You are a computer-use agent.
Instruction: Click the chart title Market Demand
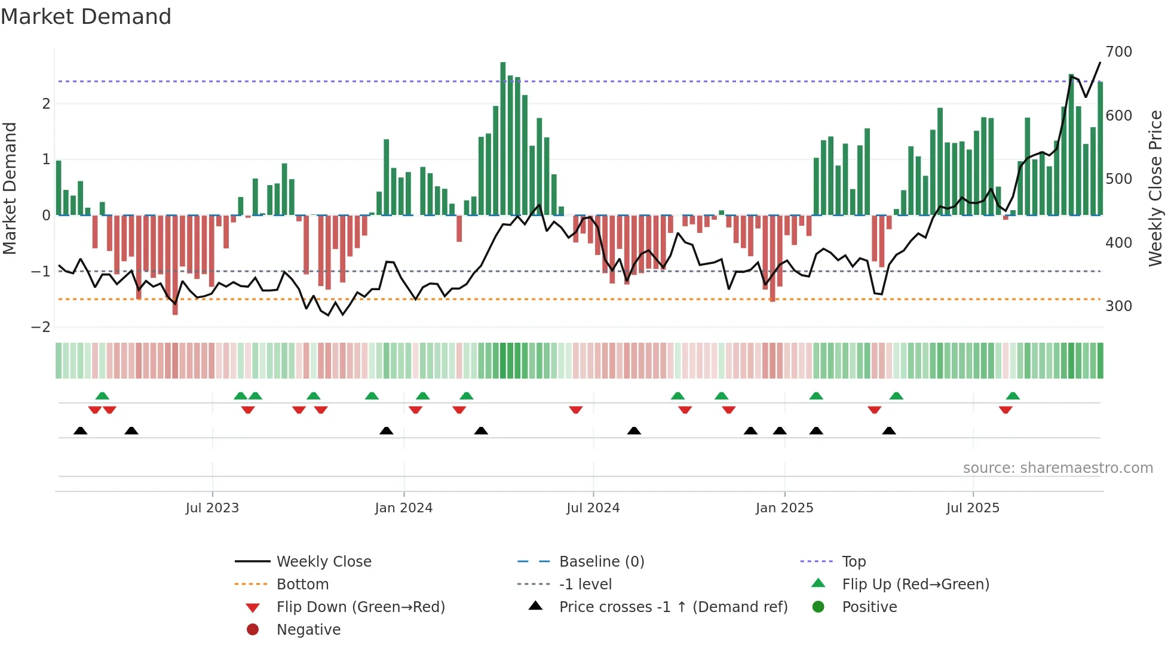(86, 17)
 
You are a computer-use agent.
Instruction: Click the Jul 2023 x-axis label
(212, 508)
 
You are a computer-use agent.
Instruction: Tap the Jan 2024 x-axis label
(404, 508)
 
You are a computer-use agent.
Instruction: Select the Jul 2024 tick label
(593, 508)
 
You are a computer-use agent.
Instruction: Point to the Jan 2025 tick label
(784, 508)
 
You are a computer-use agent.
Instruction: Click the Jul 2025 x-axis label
(973, 508)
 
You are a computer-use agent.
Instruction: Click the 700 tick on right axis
(1118, 52)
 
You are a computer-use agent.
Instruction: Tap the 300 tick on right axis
(1118, 306)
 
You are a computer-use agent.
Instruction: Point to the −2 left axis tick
(41, 327)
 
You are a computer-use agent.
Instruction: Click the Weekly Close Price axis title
(1155, 188)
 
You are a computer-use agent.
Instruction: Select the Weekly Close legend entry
(323, 562)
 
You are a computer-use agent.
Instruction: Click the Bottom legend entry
(302, 585)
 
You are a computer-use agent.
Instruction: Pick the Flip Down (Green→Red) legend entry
(360, 607)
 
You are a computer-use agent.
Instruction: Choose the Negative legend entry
(308, 630)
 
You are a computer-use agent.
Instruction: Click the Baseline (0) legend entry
(601, 562)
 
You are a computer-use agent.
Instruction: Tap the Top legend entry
(854, 562)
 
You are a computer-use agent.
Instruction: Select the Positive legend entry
(869, 607)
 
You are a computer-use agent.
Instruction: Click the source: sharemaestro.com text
(1057, 468)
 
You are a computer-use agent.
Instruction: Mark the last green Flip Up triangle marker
(1013, 396)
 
